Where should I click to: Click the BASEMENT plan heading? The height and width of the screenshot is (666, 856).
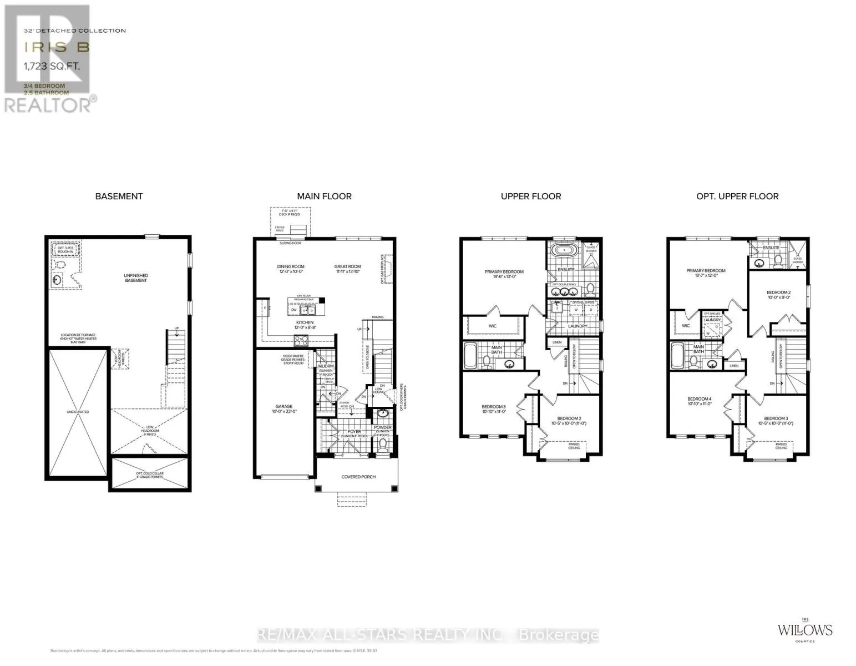click(119, 196)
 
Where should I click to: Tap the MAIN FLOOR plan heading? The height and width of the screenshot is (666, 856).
click(324, 196)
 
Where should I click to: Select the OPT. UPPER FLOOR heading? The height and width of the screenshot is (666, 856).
click(737, 196)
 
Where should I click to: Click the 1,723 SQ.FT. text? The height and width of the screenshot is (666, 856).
click(55, 66)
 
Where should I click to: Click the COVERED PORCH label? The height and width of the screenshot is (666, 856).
click(358, 477)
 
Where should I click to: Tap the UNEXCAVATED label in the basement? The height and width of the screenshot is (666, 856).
click(78, 412)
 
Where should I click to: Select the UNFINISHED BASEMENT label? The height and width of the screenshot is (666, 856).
click(136, 278)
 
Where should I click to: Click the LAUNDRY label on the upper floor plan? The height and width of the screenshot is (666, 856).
click(578, 326)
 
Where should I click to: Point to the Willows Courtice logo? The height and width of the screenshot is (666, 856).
click(804, 630)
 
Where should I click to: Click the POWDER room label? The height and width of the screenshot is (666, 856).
click(383, 428)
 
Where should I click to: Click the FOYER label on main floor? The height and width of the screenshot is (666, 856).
click(354, 432)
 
